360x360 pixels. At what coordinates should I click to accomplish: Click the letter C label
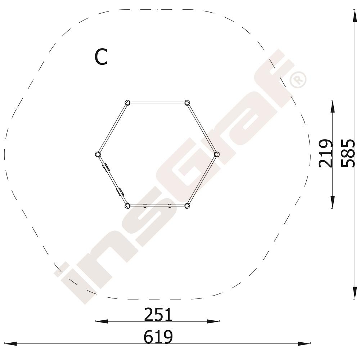tap(101, 57)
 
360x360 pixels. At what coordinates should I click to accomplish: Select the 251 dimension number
tap(158, 315)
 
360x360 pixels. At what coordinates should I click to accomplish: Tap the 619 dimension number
tap(158, 337)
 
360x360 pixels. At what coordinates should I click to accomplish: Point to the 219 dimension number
tap(325, 153)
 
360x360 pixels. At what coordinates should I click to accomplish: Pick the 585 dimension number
tap(348, 153)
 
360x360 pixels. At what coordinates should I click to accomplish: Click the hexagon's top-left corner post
tap(127, 102)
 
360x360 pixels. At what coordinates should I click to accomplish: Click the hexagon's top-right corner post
tap(187, 102)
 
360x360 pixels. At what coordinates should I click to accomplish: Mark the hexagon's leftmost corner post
tap(98, 154)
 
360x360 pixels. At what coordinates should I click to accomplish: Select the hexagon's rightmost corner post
tap(216, 154)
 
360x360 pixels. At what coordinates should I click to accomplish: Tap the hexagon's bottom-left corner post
tap(127, 206)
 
